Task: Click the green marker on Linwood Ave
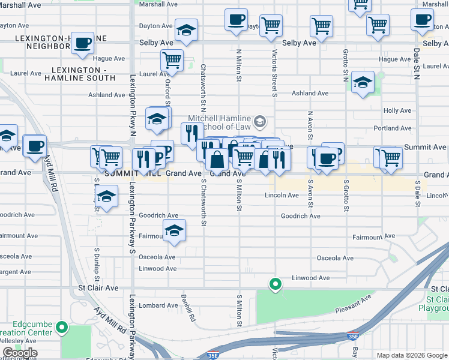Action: (276, 284)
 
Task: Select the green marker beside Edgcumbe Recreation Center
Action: (61, 328)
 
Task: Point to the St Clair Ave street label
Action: (98, 288)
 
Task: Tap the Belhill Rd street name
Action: (189, 307)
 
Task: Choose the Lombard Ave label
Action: (158, 305)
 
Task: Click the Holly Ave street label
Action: (397, 111)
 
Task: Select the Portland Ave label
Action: (392, 128)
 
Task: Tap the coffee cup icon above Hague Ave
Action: (83, 44)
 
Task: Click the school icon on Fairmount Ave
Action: (174, 231)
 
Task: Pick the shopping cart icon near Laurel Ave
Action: (172, 61)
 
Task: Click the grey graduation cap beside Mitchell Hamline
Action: (259, 122)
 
